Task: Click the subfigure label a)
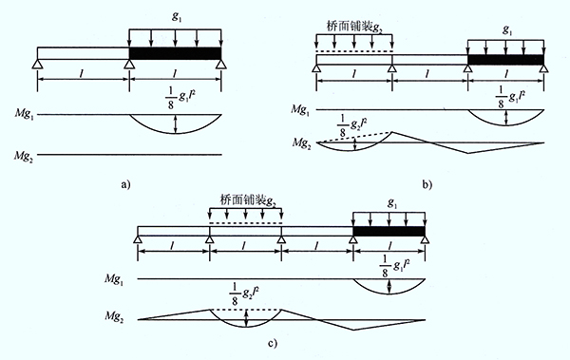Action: tap(125, 184)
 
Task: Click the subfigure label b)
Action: tap(427, 184)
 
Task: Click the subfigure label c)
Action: tap(272, 343)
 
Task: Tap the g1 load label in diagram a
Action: tap(177, 17)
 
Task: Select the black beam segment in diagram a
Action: tap(175, 53)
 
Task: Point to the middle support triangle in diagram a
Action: tap(129, 64)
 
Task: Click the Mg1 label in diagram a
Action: tap(25, 114)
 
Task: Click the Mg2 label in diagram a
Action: tap(24, 157)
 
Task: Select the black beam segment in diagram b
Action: tap(505, 60)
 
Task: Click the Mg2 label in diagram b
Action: tap(302, 143)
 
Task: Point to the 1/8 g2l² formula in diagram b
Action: tap(351, 126)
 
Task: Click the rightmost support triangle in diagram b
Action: tap(543, 69)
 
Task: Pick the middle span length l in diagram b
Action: tap(428, 74)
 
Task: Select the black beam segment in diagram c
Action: tap(389, 231)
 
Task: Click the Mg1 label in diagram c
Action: tap(114, 279)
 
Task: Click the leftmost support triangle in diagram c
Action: tap(138, 239)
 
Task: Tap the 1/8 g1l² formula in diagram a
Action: tap(178, 98)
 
